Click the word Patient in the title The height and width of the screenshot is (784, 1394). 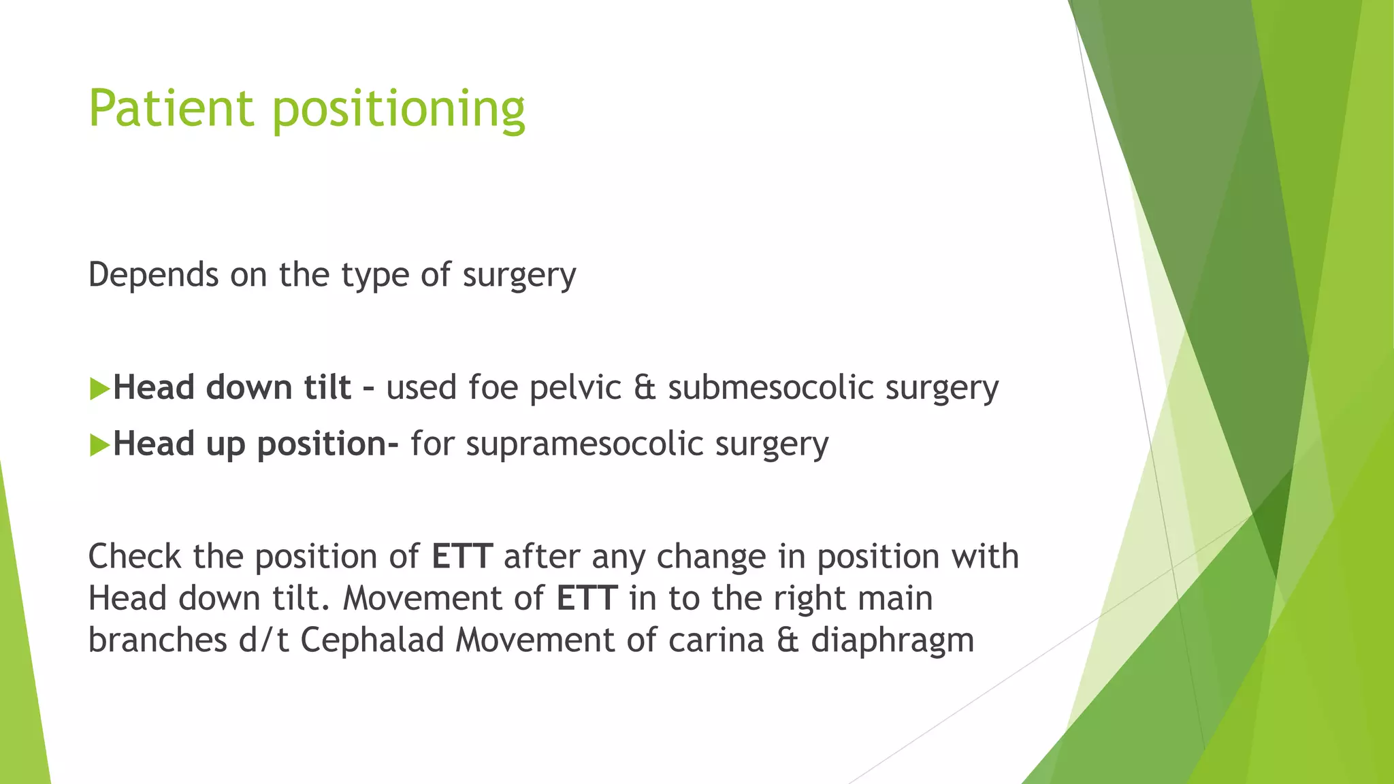pos(171,109)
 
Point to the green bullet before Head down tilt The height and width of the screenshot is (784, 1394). pos(99,389)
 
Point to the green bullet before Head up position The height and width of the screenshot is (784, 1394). pos(99,446)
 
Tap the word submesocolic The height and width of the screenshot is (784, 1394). pos(771,388)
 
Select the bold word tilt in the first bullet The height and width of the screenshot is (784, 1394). pos(327,388)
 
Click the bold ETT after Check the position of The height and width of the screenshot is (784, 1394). pos(461,557)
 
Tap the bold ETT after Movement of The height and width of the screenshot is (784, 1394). pos(586,599)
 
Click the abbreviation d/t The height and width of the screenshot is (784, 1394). pos(263,640)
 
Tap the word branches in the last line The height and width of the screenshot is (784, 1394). pos(157,640)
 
